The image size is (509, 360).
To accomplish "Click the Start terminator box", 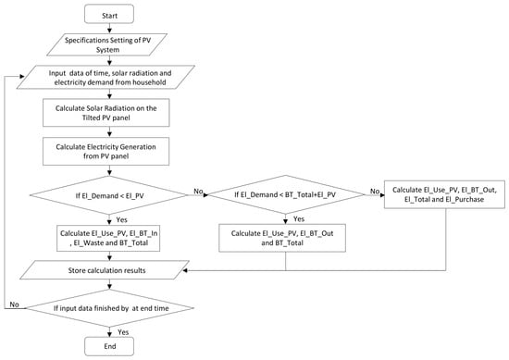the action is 109,14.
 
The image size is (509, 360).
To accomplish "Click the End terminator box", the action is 109,346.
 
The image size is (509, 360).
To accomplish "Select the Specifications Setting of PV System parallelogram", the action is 106,44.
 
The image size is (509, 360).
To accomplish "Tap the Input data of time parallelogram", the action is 106,77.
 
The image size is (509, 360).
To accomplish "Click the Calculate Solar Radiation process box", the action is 106,113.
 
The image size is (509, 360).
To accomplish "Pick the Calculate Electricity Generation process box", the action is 106,151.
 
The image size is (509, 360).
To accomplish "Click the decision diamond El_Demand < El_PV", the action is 109,195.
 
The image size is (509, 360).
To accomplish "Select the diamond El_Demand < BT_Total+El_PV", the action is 286,194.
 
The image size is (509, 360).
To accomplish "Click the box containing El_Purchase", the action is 444,194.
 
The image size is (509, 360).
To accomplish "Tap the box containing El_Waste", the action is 108,238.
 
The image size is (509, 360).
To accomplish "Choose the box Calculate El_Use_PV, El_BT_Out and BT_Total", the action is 282,238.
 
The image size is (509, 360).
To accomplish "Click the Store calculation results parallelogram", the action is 105,270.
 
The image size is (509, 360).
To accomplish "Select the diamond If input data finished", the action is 110,308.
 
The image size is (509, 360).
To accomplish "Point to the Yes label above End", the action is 123,332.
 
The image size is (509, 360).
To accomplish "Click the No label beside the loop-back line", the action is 14,304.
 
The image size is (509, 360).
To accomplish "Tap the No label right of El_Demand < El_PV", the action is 198,192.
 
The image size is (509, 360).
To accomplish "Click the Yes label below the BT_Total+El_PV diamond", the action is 299,219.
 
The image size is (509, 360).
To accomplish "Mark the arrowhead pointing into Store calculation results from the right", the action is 185,270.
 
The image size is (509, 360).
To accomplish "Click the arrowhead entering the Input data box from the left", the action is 22,77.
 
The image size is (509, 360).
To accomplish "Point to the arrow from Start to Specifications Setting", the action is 109,29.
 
